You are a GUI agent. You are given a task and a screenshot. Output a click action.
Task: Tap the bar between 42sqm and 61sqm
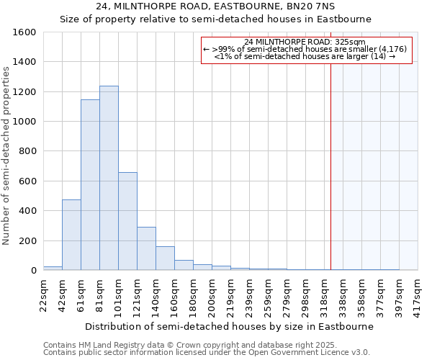tap(71, 235)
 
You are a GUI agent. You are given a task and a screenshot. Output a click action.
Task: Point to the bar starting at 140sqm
tap(165, 258)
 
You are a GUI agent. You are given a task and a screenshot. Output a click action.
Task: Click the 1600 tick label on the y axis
tap(25, 32)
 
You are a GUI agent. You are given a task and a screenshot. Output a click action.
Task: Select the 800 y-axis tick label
tap(28, 151)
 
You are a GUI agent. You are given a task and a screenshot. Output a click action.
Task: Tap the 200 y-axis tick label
tap(28, 240)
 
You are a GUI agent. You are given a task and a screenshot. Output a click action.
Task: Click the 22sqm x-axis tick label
tap(43, 293)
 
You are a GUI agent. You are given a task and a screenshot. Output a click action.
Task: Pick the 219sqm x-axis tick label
tap(230, 294)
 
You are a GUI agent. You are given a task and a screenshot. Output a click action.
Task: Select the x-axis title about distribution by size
tap(229, 326)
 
